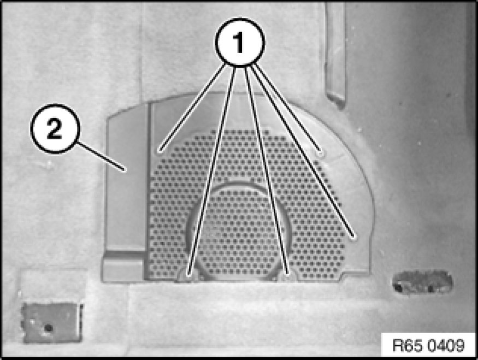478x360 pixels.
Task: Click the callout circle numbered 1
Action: pyautogui.click(x=240, y=42)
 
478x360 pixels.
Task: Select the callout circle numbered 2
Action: pyautogui.click(x=55, y=128)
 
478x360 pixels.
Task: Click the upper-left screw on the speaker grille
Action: pyautogui.click(x=159, y=151)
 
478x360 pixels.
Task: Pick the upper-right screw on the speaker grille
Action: pyautogui.click(x=320, y=153)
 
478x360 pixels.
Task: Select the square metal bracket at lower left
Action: pyautogui.click(x=52, y=322)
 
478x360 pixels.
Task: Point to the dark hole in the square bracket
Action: pyautogui.click(x=48, y=328)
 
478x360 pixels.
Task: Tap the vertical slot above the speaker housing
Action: pyautogui.click(x=335, y=55)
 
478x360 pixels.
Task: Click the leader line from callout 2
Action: pyautogui.click(x=101, y=156)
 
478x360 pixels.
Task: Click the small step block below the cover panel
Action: pyautogui.click(x=123, y=266)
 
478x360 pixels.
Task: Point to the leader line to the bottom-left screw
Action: pyautogui.click(x=212, y=169)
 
